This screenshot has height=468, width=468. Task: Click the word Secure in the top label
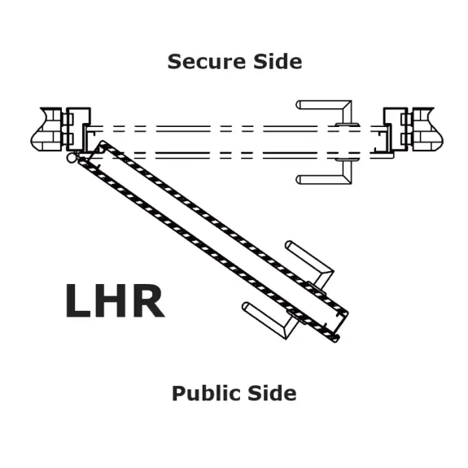pyautogui.click(x=206, y=62)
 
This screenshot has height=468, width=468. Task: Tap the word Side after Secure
pyautogui.click(x=278, y=62)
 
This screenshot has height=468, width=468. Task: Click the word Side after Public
pyautogui.click(x=272, y=393)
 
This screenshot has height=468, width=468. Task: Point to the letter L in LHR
pyautogui.click(x=77, y=300)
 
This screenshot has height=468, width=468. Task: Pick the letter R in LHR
pyautogui.click(x=148, y=300)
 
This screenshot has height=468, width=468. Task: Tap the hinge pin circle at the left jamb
pyautogui.click(x=72, y=158)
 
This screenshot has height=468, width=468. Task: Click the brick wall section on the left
pyautogui.click(x=47, y=129)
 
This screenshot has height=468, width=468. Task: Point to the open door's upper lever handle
pyautogui.click(x=310, y=263)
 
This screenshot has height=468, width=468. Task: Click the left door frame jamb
pyautogui.click(x=78, y=129)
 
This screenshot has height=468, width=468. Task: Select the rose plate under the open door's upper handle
pyautogui.click(x=317, y=288)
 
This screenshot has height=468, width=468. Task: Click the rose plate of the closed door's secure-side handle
pyautogui.click(x=347, y=125)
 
